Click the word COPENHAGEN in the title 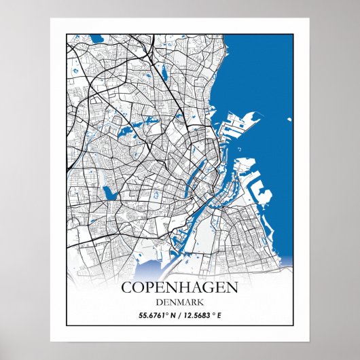click(180, 287)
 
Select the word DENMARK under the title click(180, 302)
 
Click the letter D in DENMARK click(159, 302)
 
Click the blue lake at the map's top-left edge click(96, 39)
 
